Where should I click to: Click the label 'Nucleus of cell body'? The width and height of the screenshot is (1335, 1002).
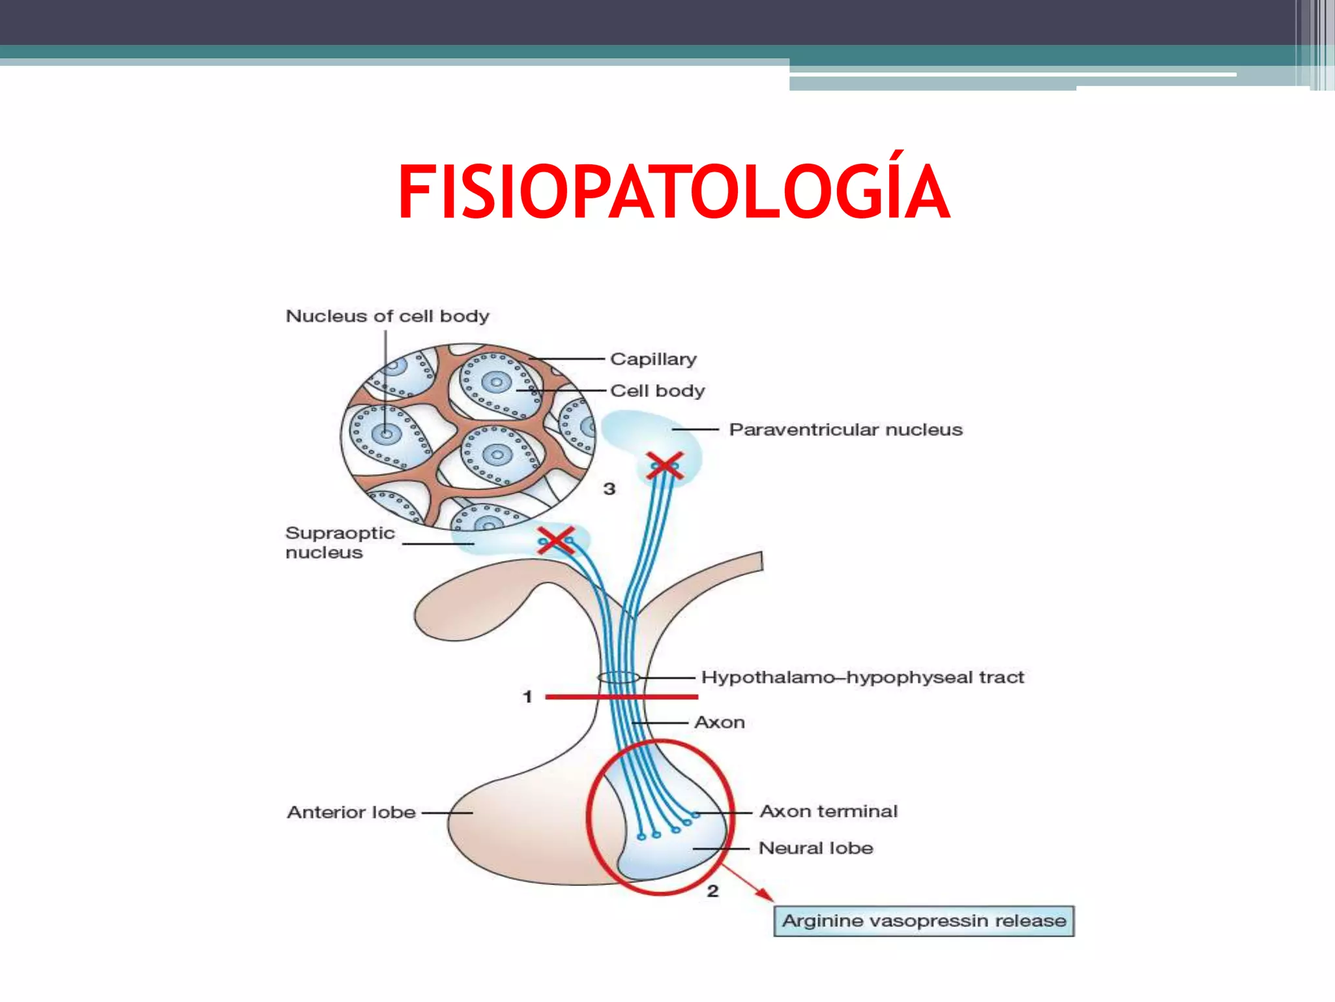[387, 316]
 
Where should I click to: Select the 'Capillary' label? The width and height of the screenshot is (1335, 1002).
[653, 359]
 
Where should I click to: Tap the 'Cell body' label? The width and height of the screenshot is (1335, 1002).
[657, 391]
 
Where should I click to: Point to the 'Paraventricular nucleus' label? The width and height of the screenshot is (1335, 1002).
[845, 430]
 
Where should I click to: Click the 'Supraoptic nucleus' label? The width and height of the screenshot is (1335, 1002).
[340, 543]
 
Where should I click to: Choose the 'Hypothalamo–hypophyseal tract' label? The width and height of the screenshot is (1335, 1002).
[862, 678]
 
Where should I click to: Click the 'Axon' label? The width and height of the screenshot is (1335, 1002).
[720, 723]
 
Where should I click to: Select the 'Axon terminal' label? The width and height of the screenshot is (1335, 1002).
[829, 812]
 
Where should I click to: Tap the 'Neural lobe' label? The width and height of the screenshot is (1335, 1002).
[815, 848]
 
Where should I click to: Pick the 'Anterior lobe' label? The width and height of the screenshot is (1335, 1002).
[351, 812]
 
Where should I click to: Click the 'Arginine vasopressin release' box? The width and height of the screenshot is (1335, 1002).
[924, 921]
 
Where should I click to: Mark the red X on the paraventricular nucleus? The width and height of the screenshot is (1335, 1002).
[665, 466]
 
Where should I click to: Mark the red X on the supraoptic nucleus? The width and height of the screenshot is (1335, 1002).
[556, 540]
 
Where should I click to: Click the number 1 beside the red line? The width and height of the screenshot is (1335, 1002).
[528, 697]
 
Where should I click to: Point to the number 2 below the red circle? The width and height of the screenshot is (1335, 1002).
[712, 891]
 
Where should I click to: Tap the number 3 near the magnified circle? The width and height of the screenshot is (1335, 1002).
[609, 489]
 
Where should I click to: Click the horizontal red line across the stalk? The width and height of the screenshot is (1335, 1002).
[622, 697]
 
